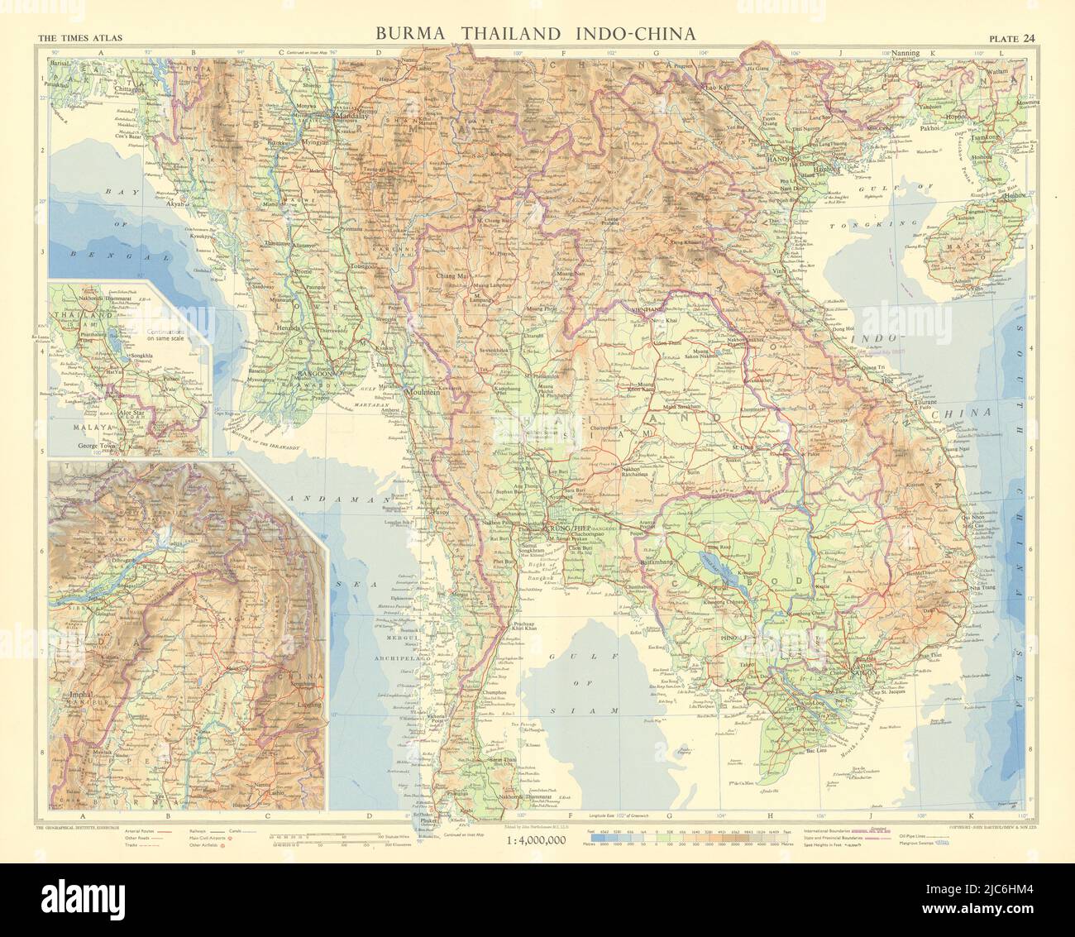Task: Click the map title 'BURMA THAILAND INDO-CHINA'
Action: [535, 34]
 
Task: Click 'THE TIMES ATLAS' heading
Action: [73, 36]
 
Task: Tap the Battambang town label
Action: [662, 562]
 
